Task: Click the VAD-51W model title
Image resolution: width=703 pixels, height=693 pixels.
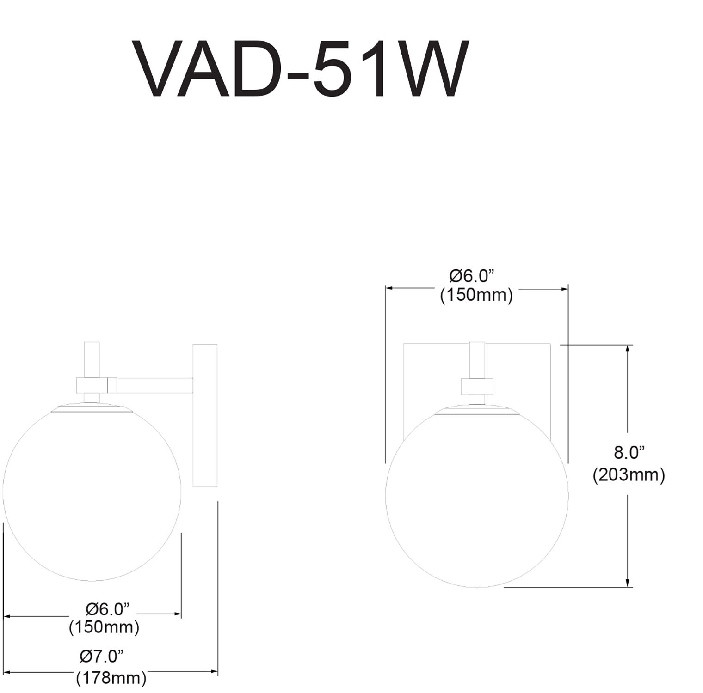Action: click(301, 69)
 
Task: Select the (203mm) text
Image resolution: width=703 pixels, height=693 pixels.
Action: click(629, 474)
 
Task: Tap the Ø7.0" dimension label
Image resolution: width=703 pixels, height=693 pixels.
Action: click(102, 656)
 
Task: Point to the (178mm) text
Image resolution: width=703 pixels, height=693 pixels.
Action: click(111, 678)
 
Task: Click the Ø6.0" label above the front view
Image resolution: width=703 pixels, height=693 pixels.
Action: click(472, 276)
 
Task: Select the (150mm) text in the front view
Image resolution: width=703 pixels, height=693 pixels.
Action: click(476, 295)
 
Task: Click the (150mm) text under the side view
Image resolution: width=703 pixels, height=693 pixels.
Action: click(104, 627)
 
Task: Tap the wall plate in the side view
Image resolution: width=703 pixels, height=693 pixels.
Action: click(205, 415)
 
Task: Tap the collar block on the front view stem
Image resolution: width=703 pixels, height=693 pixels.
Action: click(477, 386)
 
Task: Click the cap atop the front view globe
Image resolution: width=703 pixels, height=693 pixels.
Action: click(477, 410)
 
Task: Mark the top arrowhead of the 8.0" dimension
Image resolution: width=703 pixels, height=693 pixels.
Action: click(628, 349)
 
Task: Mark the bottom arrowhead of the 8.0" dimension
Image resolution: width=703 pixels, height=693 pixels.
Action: click(628, 583)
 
